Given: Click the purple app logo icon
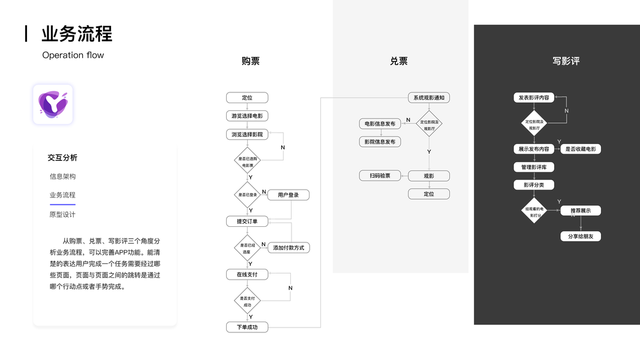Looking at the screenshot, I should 53,104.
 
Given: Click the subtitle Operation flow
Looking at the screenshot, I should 73,55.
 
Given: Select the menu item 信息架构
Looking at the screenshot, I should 62,176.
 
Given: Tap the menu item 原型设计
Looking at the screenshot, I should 62,214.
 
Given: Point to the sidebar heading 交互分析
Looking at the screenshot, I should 62,158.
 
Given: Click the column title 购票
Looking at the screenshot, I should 251,61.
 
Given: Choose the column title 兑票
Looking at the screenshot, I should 399,61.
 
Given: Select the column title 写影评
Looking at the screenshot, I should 566,61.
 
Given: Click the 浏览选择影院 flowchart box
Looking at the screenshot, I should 247,134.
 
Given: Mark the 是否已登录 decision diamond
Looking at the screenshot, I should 247,194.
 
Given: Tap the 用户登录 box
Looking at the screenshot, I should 288,195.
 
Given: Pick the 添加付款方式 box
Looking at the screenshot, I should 289,247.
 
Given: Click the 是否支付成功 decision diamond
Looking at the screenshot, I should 247,301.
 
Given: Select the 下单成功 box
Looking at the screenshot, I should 247,327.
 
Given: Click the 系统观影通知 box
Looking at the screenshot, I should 429,97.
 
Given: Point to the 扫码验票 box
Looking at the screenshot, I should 380,176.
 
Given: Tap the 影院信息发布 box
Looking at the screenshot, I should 380,142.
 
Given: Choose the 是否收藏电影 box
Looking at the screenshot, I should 581,149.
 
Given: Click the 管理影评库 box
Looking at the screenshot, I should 534,167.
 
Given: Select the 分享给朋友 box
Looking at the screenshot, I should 581,236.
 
